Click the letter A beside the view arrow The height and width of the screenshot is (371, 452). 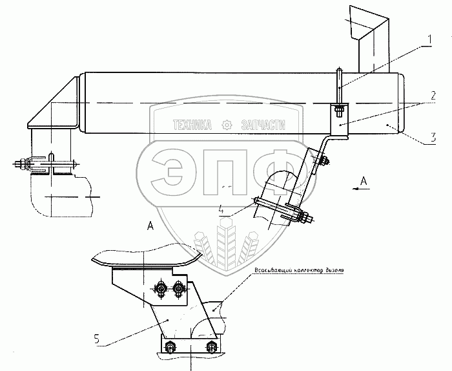click(364, 182)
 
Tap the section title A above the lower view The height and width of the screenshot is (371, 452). click(150, 226)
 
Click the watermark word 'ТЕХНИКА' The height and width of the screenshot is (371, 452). click(192, 125)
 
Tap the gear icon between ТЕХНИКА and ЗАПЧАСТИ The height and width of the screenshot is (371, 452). click(226, 125)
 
